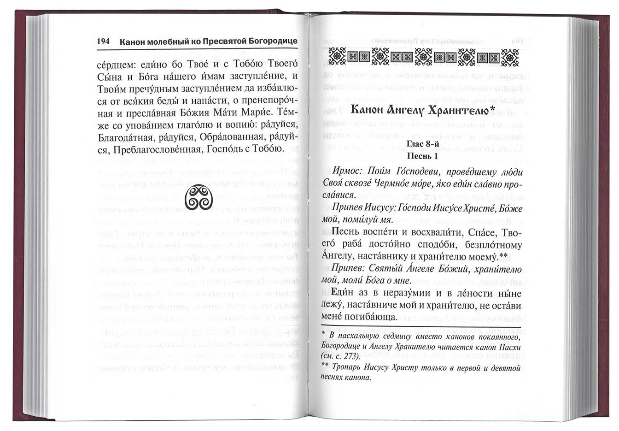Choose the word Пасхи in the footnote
coord(507,346)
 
